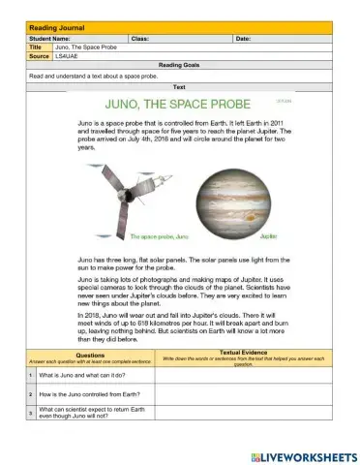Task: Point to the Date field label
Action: pyautogui.click(x=243, y=38)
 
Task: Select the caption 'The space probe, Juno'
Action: pyautogui.click(x=159, y=235)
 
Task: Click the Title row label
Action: pyautogui.click(x=36, y=46)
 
